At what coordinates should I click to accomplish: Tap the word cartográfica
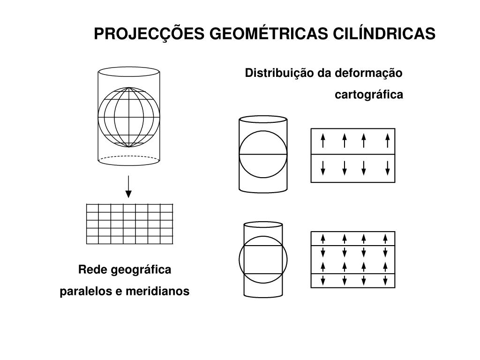pos(369,95)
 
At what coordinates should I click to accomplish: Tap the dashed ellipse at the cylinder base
pos(129,160)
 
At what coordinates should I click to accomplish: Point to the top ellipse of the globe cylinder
pos(129,72)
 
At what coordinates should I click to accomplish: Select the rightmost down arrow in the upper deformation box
pos(388,167)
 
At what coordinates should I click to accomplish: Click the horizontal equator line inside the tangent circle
pos(262,154)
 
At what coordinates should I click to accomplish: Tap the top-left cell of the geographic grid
pos(92,208)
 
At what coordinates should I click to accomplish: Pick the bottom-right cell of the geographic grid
pos(166,240)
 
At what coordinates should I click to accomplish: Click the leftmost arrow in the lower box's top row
pos(323,238)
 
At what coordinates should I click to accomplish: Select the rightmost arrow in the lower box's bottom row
pos(385,281)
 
